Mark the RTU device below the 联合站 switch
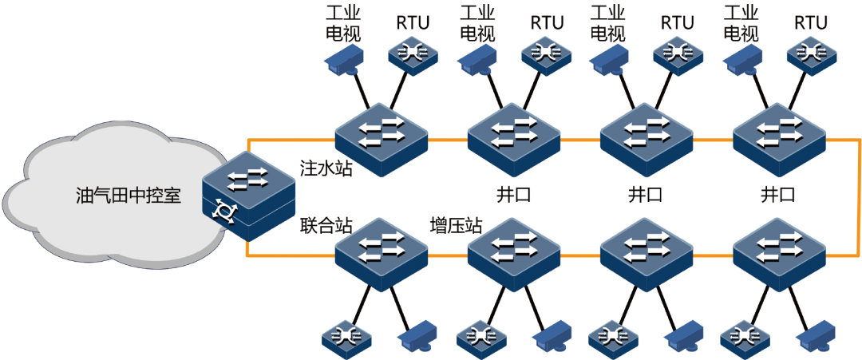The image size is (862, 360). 346,338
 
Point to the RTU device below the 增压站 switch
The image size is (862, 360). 480,338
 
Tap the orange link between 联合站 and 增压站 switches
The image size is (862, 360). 448,255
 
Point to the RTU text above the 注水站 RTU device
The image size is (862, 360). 413,22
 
